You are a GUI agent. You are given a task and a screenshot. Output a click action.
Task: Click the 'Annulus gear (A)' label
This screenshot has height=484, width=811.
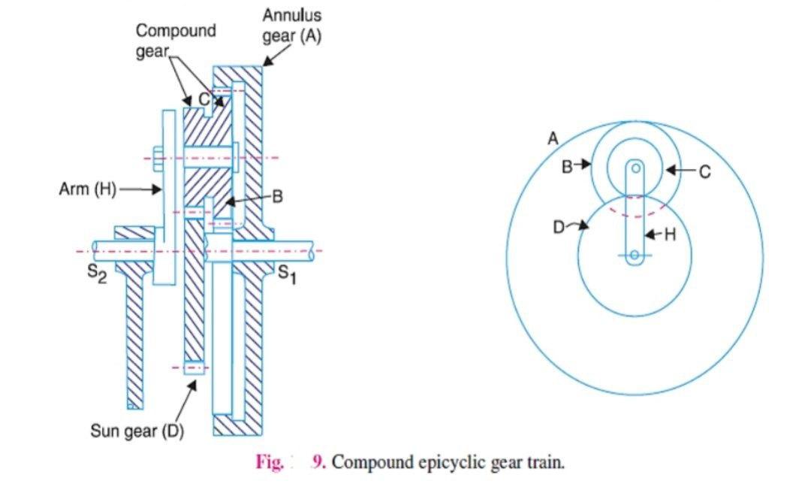click(291, 26)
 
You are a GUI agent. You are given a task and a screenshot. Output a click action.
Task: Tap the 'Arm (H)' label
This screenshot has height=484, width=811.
click(87, 189)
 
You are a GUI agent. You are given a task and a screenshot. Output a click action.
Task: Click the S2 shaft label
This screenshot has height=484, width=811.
click(97, 274)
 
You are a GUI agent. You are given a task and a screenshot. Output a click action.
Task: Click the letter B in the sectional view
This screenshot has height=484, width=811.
click(276, 197)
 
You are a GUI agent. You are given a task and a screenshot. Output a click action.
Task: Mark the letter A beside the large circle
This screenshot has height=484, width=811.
click(553, 139)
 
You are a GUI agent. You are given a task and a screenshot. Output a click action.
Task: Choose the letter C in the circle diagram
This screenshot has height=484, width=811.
click(704, 172)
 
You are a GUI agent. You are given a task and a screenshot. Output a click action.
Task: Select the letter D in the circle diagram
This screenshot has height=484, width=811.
click(559, 227)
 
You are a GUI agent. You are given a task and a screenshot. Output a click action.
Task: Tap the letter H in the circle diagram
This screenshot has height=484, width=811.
click(670, 235)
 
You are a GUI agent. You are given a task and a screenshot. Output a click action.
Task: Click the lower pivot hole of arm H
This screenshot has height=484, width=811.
click(635, 256)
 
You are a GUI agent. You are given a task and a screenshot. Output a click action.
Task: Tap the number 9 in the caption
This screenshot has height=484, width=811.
click(318, 461)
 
